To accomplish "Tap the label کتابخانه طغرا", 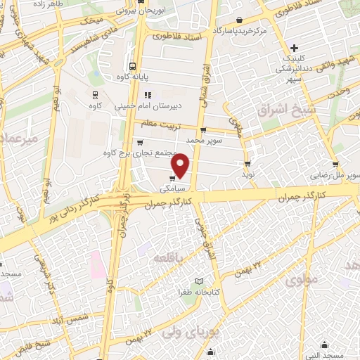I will [184, 290].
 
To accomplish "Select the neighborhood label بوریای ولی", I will [197, 328].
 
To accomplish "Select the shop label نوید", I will [247, 172].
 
